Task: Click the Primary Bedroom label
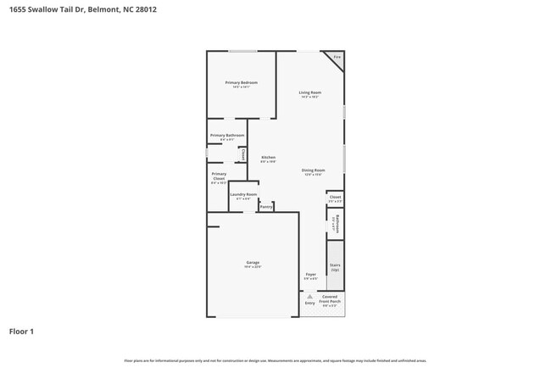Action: [x=242, y=83]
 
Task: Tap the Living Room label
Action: [x=309, y=92]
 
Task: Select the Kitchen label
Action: [x=268, y=158]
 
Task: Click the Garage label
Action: [x=253, y=263]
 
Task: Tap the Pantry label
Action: [x=265, y=206]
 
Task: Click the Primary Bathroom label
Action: [x=227, y=136]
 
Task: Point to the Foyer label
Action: [x=310, y=275]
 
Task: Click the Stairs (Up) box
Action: [x=335, y=268]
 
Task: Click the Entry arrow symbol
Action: [x=309, y=296]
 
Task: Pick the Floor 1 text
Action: [x=22, y=332]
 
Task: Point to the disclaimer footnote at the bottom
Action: [x=275, y=360]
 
